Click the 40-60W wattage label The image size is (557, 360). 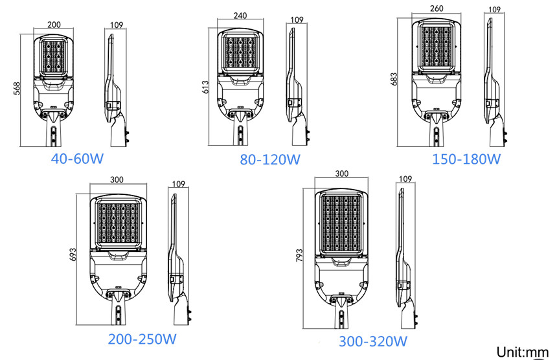click(77, 159)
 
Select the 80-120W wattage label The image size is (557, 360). click(270, 159)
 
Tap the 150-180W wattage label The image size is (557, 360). click(466, 159)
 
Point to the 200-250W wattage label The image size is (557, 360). click(142, 339)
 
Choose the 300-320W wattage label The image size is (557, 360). click(373, 341)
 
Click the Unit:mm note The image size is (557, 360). click(523, 352)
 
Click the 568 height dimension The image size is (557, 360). click(17, 89)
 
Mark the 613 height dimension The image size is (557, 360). click(205, 87)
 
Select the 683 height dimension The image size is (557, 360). click(394, 80)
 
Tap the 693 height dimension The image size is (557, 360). click(73, 254)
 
